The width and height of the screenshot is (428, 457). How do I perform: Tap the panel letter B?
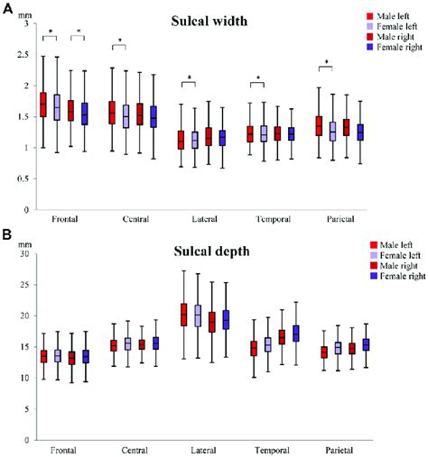tap(6, 235)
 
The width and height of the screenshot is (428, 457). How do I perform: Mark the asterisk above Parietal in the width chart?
tap(326, 62)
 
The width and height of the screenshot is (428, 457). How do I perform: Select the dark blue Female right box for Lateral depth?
tap(226, 319)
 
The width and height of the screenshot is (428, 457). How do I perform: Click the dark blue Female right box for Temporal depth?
tap(294, 334)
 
